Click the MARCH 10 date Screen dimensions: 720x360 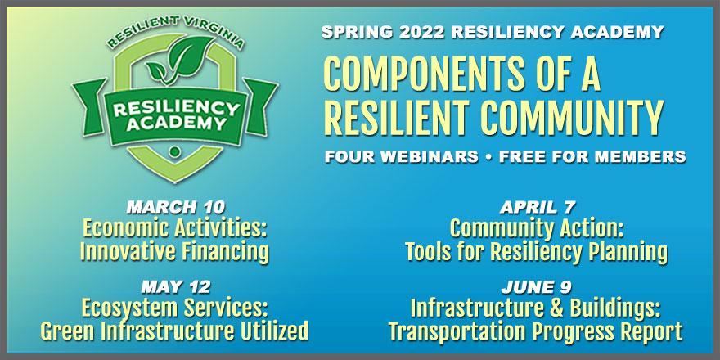176,208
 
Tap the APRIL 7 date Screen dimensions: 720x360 538,208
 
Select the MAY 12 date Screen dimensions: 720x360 176,287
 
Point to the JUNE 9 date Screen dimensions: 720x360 537,287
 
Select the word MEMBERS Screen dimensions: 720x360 636,156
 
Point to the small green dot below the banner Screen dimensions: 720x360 174,151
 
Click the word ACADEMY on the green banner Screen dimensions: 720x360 177,123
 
